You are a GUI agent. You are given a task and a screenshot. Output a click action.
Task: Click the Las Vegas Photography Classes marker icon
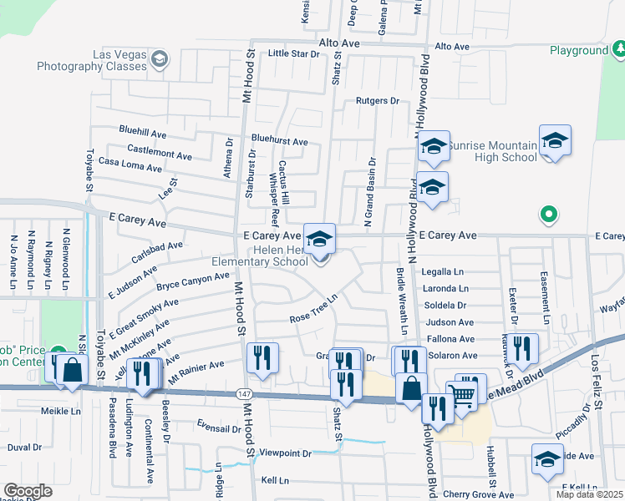pos(160,58)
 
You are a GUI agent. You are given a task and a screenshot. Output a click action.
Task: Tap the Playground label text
pos(578,50)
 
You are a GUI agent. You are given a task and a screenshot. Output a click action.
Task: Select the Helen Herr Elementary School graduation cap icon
pos(318,239)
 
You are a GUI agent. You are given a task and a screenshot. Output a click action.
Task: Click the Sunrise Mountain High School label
pos(491,151)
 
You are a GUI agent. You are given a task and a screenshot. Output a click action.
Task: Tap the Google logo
pos(28,491)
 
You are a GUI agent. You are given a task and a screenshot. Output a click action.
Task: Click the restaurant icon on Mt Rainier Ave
pos(263,357)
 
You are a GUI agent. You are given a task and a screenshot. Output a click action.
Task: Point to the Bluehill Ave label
pos(143,133)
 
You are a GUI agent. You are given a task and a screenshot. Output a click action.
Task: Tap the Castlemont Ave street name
pos(160,151)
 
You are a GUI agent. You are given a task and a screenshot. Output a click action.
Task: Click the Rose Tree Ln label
pos(312,310)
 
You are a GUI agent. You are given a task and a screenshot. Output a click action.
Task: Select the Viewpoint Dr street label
pos(285,453)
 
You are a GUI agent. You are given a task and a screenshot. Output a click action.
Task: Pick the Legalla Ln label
pos(442,271)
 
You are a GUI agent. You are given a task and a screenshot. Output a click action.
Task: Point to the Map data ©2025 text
pos(588,494)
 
